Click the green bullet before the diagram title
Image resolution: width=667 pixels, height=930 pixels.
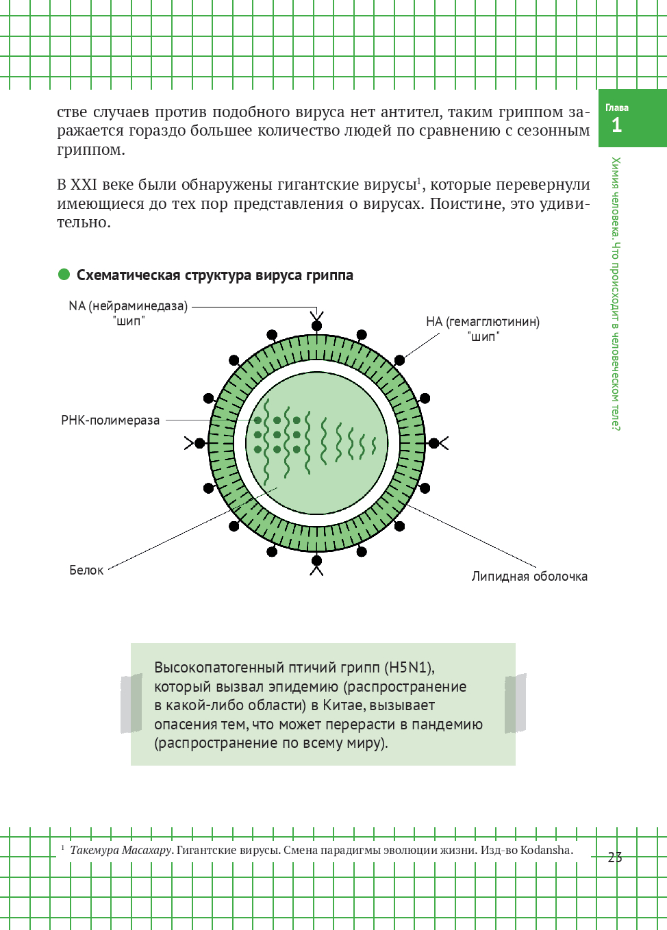(x=64, y=275)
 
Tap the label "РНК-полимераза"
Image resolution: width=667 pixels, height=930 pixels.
(x=110, y=420)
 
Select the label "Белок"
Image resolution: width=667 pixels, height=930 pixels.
(x=86, y=570)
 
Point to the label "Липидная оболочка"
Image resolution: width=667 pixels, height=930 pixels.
(x=529, y=576)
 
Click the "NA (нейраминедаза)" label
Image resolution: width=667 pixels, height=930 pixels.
(x=128, y=306)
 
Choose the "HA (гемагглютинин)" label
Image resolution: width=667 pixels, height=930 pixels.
(x=483, y=322)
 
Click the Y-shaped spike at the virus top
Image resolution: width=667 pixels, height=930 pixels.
(x=316, y=320)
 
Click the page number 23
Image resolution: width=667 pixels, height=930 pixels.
(x=615, y=857)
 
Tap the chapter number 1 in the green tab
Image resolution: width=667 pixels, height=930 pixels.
(x=616, y=125)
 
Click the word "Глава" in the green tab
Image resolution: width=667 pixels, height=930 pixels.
(x=617, y=108)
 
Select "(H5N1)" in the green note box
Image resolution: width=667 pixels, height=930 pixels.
(x=409, y=667)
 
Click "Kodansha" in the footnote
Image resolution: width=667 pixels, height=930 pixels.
(x=545, y=850)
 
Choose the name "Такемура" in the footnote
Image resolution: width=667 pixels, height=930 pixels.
(x=95, y=850)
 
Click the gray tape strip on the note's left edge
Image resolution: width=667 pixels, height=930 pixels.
(x=131, y=703)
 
